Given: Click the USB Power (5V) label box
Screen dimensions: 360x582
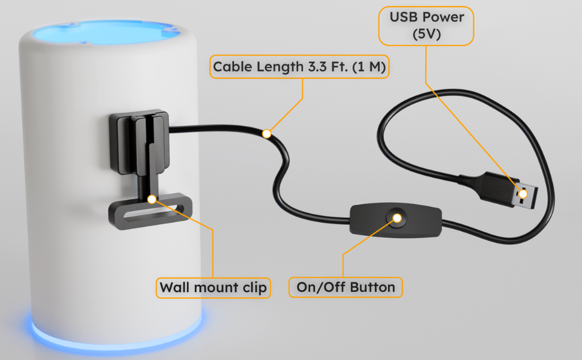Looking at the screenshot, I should point(426,25).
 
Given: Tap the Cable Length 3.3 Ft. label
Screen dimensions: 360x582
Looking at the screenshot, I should point(299,67).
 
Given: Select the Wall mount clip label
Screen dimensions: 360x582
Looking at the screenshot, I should point(213,287).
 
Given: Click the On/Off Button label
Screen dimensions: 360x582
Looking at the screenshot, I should point(346,287).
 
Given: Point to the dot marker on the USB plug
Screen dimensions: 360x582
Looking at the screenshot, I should point(523,193).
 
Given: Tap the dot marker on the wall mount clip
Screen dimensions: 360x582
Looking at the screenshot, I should point(151,198).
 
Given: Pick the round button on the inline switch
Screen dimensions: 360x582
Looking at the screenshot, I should point(396,217).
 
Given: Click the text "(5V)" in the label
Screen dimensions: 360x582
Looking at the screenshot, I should point(426,34).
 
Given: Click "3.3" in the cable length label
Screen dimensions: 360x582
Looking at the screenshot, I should point(315,67).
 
